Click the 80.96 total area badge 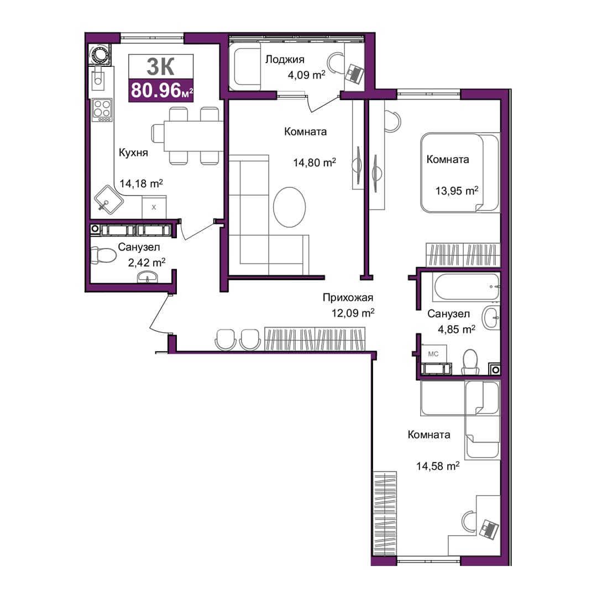click(x=161, y=91)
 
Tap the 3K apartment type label click(x=161, y=67)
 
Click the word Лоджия click(x=285, y=59)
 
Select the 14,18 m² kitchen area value click(x=142, y=184)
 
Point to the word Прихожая click(x=348, y=297)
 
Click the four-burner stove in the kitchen click(x=102, y=110)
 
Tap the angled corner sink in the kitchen click(x=108, y=200)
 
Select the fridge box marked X click(x=154, y=207)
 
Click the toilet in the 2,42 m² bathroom click(x=103, y=255)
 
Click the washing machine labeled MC click(x=433, y=354)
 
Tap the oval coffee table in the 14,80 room click(x=289, y=207)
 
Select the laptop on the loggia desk click(x=354, y=74)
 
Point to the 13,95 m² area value click(x=457, y=190)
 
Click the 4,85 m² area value click(x=457, y=329)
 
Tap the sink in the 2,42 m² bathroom click(x=147, y=277)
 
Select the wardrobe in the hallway click(x=315, y=339)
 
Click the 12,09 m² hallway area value click(x=353, y=313)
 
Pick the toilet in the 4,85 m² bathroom click(x=470, y=362)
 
